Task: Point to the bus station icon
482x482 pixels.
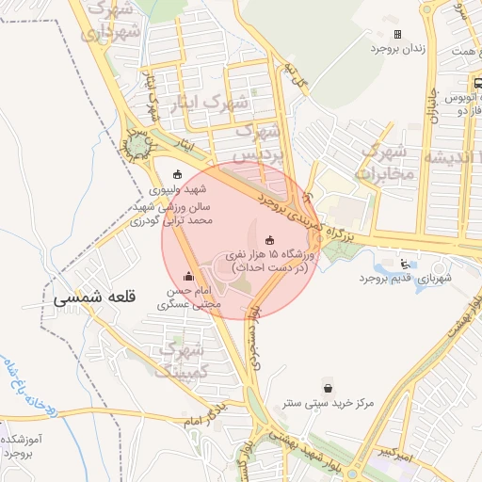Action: pos(478,83)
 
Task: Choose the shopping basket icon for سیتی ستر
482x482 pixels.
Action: pos(327,387)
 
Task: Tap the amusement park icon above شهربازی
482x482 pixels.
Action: pos(405,263)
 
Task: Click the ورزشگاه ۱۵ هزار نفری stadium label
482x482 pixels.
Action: pos(272,261)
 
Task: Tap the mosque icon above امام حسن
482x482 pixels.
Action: pos(189,276)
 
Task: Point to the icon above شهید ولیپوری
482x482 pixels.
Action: pos(180,174)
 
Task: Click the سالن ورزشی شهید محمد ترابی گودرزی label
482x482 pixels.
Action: pos(176,213)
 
